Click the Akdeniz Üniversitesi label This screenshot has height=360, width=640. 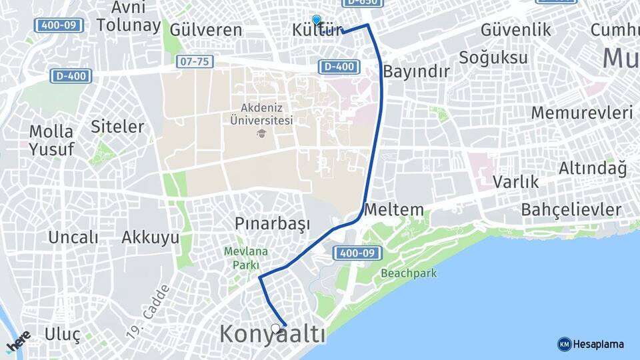261,114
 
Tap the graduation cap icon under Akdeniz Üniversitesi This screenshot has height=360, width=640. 261,133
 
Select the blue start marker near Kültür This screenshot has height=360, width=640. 317,20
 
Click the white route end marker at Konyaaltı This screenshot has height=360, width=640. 276,328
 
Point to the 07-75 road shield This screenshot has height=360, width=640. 194,61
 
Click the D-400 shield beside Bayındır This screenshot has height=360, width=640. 339,67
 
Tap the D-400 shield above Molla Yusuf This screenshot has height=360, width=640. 71,76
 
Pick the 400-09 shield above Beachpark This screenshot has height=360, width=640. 357,253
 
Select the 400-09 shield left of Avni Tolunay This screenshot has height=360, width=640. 59,26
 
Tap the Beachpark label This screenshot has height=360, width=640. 409,273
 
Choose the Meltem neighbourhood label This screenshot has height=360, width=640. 393,209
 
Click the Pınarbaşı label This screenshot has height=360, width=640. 273,223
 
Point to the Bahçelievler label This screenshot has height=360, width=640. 571,210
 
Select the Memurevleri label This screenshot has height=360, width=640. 581,113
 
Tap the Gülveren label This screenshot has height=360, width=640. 206,30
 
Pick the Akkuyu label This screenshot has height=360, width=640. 151,237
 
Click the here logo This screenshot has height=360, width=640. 18,341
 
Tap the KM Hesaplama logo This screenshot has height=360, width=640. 591,344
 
